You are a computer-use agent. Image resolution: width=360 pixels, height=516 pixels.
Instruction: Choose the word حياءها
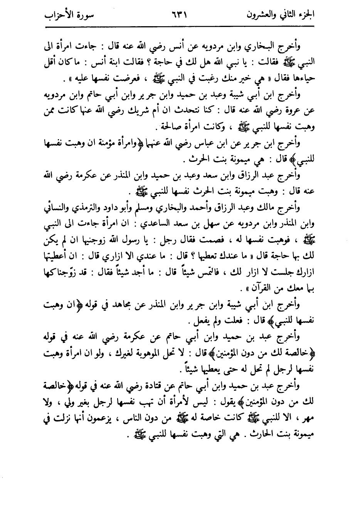coord(304,77)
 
